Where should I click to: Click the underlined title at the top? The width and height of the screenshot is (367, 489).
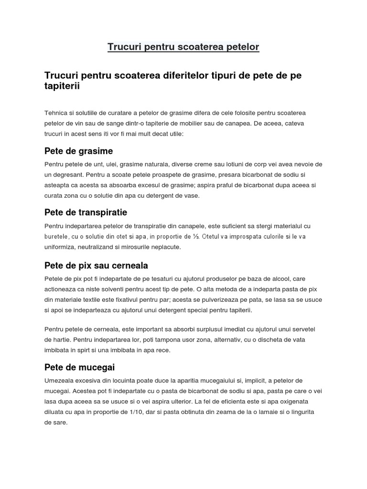(x=183, y=47)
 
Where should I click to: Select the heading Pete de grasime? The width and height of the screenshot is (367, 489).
(x=78, y=151)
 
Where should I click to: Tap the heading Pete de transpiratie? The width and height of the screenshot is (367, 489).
(x=86, y=212)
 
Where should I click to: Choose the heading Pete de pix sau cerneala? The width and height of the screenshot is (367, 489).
(x=96, y=265)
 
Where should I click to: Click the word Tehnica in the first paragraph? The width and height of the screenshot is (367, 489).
(x=56, y=113)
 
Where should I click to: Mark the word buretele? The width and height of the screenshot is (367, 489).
(x=57, y=236)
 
